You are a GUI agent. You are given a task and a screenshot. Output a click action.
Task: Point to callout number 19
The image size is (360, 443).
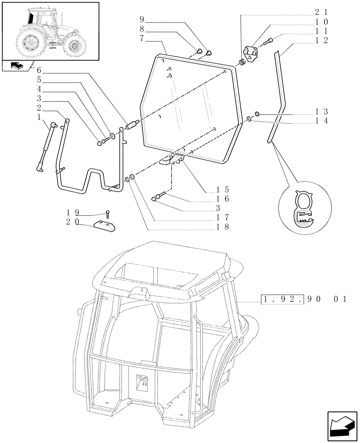coord(71,214)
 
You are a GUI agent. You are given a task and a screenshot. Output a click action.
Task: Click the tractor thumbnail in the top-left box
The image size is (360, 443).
coord(50,30)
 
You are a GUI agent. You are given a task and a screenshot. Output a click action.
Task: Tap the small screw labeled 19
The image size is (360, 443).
coord(107,215)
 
